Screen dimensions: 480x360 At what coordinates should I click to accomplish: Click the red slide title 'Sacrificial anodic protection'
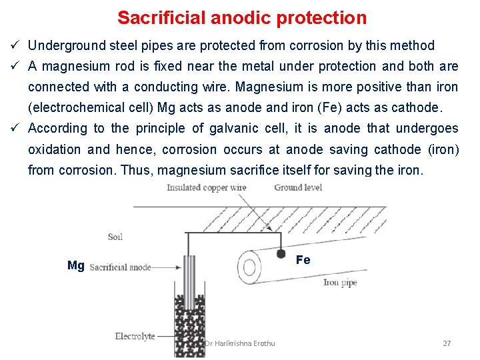(x=242, y=18)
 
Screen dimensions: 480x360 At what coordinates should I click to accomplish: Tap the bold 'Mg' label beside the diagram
(x=76, y=266)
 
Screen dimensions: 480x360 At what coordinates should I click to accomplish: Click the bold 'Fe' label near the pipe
(x=303, y=260)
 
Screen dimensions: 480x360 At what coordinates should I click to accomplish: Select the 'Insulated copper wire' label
(x=207, y=188)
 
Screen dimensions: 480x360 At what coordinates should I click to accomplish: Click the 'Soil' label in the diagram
(x=115, y=237)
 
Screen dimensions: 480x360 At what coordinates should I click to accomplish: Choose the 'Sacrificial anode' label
(x=120, y=267)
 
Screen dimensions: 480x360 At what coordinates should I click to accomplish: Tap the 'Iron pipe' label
(x=340, y=283)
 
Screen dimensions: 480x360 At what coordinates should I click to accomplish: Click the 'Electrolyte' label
(x=135, y=337)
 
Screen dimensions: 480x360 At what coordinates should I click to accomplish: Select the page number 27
(x=447, y=343)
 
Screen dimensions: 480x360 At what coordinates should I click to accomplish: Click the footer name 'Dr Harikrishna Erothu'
(x=240, y=343)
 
